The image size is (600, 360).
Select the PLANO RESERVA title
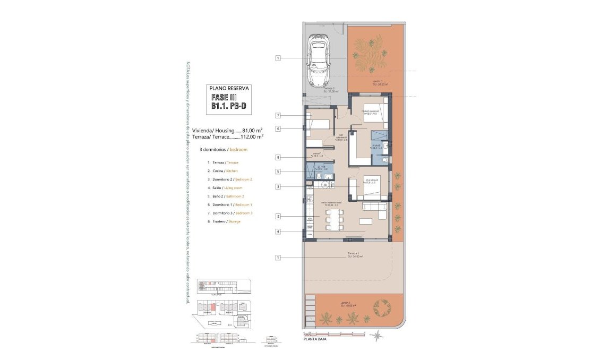pyautogui.click(x=229, y=88)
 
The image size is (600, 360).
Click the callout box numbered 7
pyautogui.click(x=278, y=116)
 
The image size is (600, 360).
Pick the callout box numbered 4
pyautogui.click(x=278, y=232)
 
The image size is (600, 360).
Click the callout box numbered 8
pyautogui.click(x=278, y=157)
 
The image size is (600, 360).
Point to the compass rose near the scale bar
pyautogui.click(x=377, y=334)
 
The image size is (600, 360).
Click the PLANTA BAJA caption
pyautogui.click(x=315, y=339)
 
